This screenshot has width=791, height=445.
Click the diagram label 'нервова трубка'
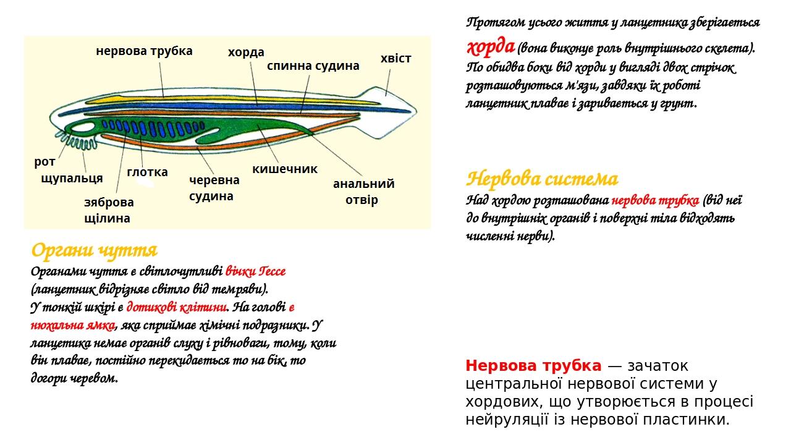(x=144, y=51)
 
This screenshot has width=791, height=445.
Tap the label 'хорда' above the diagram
(x=246, y=53)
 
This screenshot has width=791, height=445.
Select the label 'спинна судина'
(x=313, y=66)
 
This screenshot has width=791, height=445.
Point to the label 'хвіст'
(x=395, y=58)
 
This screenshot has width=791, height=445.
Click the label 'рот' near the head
(x=44, y=163)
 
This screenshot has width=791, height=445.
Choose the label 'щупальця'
(x=72, y=179)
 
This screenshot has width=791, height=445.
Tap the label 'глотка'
(x=147, y=172)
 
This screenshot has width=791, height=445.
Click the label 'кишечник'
(x=285, y=169)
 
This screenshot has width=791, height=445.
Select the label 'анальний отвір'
(x=364, y=192)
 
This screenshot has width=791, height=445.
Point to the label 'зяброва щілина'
(x=109, y=211)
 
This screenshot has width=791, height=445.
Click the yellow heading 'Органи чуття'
(x=94, y=250)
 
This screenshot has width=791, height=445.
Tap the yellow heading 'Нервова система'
(x=542, y=179)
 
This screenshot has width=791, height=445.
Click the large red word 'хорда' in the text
(x=490, y=46)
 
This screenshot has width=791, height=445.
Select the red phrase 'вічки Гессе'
(x=255, y=271)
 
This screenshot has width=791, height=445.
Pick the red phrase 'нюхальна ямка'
(x=73, y=325)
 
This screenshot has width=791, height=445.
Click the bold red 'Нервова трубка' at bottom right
(x=533, y=366)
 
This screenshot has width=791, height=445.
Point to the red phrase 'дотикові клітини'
(x=176, y=307)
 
